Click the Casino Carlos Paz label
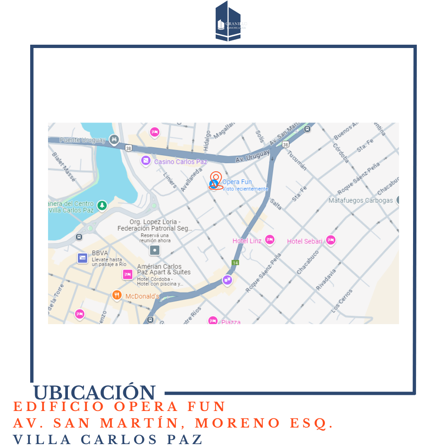[x=180, y=161]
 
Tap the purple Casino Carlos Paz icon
[x=146, y=161]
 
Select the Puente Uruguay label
[x=82, y=140]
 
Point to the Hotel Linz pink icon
[x=270, y=240]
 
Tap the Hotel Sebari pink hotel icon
[x=330, y=240]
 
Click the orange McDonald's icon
[x=117, y=295]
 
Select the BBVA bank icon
[x=82, y=258]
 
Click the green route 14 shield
[x=235, y=263]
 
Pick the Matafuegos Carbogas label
[x=360, y=200]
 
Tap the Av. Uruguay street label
[x=252, y=156]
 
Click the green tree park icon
[x=102, y=205]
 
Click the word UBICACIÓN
[x=94, y=392]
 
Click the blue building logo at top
[x=228, y=22]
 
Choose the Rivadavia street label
[x=327, y=279]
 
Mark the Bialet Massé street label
[x=64, y=167]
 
